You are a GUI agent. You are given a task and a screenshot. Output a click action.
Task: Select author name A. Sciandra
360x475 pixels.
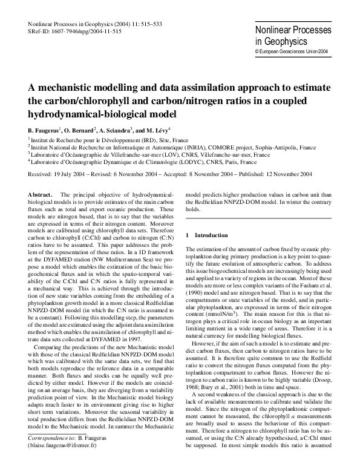(123, 130)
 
